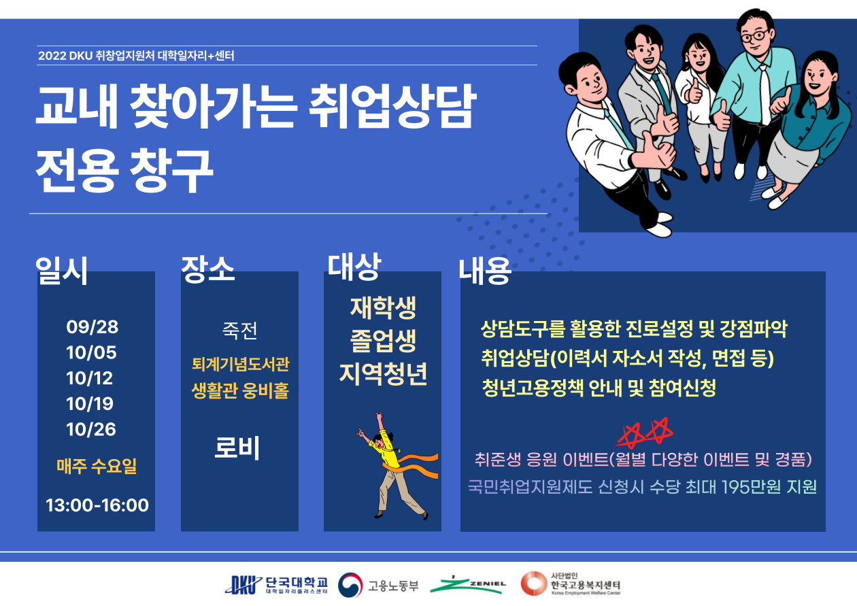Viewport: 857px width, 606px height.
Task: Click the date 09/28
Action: click(x=93, y=327)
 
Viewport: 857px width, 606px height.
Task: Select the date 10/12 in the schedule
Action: click(x=90, y=378)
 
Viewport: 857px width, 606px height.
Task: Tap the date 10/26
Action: click(x=91, y=430)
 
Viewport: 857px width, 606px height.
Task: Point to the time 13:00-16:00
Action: click(x=97, y=505)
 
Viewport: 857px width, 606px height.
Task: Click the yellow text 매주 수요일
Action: click(x=97, y=466)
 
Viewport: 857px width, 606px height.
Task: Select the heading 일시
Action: click(x=62, y=271)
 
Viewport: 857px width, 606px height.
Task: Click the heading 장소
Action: click(x=207, y=269)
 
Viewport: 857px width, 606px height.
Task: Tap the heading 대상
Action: click(x=354, y=267)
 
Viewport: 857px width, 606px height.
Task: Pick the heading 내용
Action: click(x=485, y=271)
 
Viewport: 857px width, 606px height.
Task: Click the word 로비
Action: click(x=237, y=448)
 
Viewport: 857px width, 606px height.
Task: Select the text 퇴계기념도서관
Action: click(x=241, y=364)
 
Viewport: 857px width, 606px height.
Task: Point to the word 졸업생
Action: click(x=383, y=340)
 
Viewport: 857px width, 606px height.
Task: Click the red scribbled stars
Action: click(x=645, y=433)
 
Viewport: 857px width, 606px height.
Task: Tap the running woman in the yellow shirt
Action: click(x=396, y=465)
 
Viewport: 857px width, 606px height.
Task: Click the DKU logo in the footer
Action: click(x=243, y=586)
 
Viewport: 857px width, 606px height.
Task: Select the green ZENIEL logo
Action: click(x=467, y=586)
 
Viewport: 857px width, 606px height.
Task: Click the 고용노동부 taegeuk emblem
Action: click(x=350, y=585)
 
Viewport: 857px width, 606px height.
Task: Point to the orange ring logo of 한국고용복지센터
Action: click(x=533, y=584)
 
